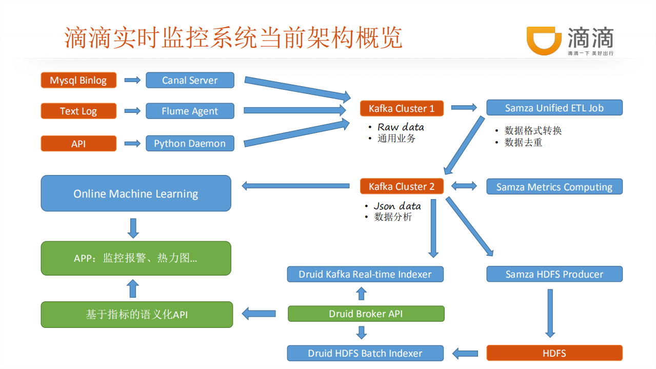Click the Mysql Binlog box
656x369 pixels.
click(78, 80)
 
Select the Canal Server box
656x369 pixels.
click(190, 80)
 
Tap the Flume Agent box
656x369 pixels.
click(190, 111)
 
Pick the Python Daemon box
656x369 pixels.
click(190, 143)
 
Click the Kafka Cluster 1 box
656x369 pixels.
click(402, 108)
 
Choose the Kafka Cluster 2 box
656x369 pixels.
click(402, 186)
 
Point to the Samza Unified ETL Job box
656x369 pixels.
click(554, 108)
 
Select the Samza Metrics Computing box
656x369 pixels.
click(554, 187)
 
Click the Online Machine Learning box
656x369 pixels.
click(136, 193)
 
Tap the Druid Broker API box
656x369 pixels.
click(366, 314)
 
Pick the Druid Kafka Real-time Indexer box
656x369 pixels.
click(365, 274)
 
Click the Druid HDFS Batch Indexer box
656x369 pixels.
click(365, 353)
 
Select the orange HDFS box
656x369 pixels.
click(554, 353)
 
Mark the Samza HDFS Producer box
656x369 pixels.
click(554, 274)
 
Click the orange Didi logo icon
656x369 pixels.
click(544, 40)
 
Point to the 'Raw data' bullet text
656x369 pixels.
click(401, 127)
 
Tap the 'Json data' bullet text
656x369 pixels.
click(397, 206)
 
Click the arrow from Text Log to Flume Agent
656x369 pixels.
click(132, 111)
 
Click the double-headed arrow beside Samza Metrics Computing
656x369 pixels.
click(464, 186)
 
